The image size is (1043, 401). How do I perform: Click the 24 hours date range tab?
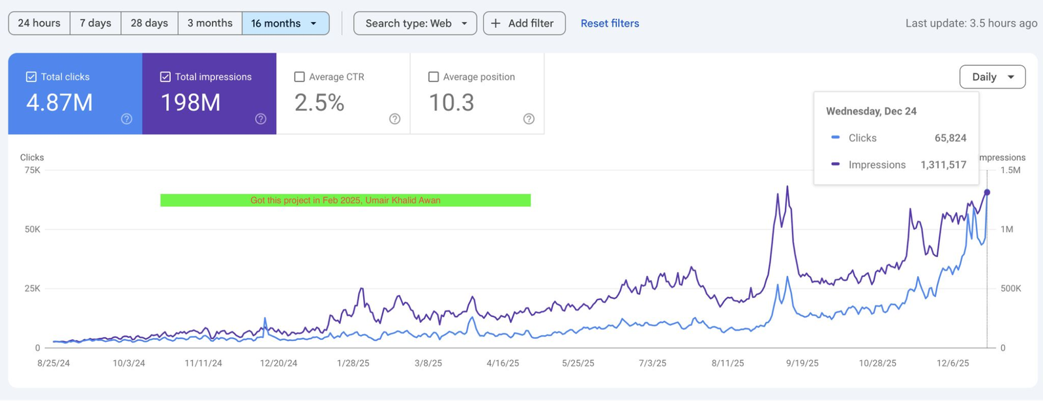(x=39, y=23)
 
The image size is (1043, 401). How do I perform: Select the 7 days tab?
(x=95, y=23)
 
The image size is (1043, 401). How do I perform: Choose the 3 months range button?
(x=210, y=23)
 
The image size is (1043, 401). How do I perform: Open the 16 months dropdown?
(x=285, y=23)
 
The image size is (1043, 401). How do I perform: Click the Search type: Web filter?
(x=415, y=23)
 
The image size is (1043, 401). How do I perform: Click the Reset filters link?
(x=610, y=23)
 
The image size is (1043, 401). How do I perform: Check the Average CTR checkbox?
(x=300, y=77)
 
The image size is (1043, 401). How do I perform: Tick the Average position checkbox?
(x=433, y=77)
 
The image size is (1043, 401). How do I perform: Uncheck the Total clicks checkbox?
(x=31, y=77)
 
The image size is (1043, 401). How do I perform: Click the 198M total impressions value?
(x=190, y=103)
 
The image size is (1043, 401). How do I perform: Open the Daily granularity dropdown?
(x=992, y=77)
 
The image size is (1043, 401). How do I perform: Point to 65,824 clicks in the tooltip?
(x=950, y=138)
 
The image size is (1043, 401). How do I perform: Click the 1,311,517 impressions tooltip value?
(x=943, y=165)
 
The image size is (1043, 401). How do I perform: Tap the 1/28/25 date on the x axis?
(x=353, y=363)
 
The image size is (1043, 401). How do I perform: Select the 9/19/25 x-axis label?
(x=802, y=363)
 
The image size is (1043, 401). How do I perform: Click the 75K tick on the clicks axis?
(x=33, y=170)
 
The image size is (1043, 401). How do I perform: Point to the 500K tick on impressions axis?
(x=1010, y=288)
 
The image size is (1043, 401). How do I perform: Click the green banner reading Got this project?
(x=345, y=200)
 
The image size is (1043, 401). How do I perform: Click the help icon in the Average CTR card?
(x=394, y=118)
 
